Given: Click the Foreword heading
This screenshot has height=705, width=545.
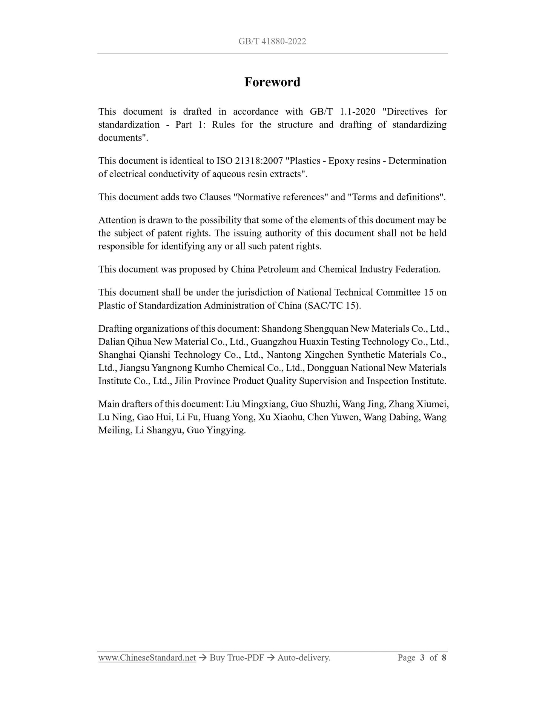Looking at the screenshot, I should pos(272,82).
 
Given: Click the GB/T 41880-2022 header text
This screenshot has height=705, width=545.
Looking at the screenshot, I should pos(272,41).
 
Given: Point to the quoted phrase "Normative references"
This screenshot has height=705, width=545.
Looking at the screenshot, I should pos(281,197).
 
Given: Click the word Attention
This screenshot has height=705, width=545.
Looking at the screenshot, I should pos(117,220).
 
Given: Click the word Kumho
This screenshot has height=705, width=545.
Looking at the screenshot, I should pos(209,368).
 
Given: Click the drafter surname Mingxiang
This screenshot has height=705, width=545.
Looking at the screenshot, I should pos(264,405).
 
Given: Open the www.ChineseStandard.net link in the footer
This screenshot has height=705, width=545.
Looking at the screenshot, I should pos(147,658).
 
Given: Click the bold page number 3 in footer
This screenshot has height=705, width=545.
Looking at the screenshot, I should pos(422,658).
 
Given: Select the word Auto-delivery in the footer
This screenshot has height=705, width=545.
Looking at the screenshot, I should pos(304,658).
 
